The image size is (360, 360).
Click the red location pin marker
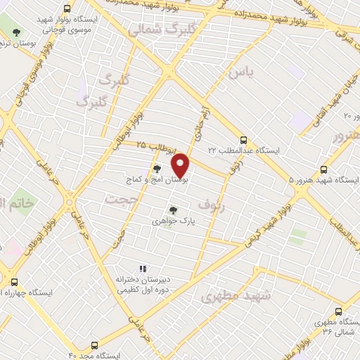pos(181,165)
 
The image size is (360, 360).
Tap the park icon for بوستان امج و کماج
pos(157,169)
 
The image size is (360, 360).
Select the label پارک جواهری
pos(173,221)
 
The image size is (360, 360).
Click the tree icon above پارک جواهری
pos(173,210)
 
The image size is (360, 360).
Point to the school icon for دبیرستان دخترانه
pos(143,269)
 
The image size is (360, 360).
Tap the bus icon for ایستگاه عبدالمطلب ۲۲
pos(243,140)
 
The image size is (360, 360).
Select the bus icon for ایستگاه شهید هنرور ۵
pos(323,169)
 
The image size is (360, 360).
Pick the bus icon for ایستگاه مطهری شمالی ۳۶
pos(339,311)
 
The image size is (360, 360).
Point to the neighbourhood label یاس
pos(239,72)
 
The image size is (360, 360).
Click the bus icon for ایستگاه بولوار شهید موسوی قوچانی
pos(67,9)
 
